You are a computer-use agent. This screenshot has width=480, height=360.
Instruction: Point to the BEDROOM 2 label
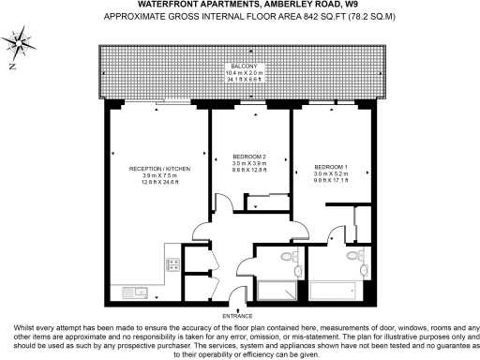[249, 156]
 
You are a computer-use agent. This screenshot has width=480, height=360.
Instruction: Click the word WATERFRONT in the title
[167, 6]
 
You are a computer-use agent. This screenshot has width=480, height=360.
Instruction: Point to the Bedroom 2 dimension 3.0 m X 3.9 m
[249, 163]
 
